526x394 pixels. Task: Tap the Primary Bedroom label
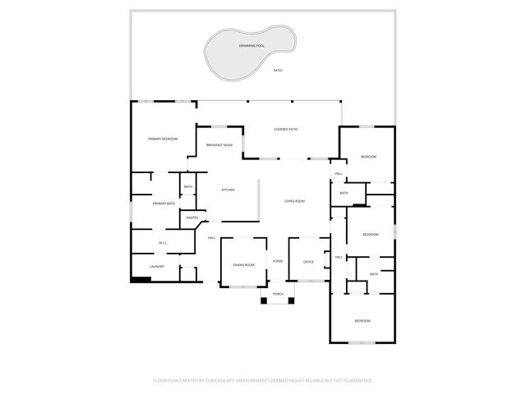163,139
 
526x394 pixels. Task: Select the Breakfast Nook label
219,145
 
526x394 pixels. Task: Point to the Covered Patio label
286,129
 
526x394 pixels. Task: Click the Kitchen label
228,190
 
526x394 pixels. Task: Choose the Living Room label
295,201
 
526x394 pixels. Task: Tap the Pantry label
192,218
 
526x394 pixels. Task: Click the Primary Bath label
164,203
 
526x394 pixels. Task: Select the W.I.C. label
163,242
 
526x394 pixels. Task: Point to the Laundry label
157,266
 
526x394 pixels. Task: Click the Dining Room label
243,265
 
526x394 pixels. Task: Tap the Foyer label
278,261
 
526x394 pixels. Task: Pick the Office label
309,262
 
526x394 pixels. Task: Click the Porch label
278,293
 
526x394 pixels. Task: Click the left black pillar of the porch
265,300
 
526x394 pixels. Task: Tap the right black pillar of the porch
290,300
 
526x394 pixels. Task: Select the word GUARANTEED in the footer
356,380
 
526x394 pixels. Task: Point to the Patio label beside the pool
278,71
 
